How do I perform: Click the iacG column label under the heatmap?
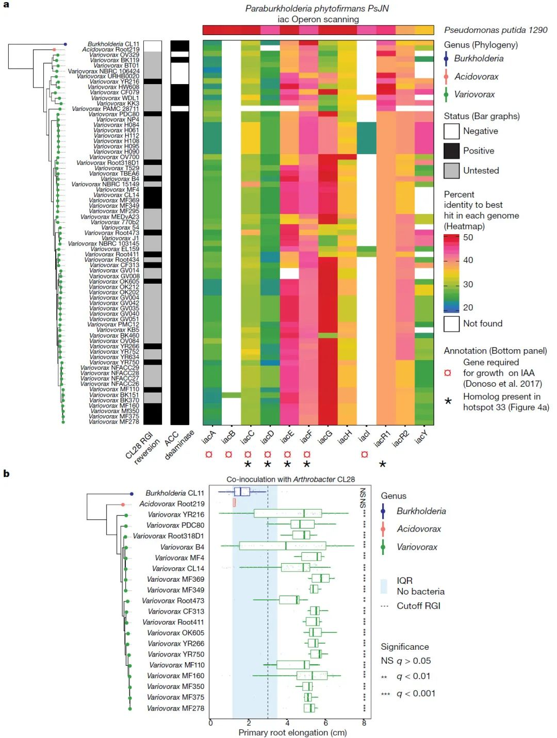325,437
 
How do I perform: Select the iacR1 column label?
382,438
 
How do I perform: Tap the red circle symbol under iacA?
209,454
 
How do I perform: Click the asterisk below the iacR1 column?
383,465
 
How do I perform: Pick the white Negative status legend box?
451,131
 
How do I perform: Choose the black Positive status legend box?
451,151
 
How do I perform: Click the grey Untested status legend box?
451,170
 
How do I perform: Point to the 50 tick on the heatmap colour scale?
468,238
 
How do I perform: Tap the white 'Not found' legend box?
451,323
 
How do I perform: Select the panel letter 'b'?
6,473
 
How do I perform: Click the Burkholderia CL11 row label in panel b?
174,493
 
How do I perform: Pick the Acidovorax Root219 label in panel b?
172,504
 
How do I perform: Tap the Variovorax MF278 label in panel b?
175,708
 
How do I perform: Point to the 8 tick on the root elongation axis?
364,723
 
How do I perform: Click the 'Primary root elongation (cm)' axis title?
292,732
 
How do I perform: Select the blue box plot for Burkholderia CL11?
241,492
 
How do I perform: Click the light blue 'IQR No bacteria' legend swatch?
384,586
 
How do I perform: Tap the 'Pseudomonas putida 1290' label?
496,30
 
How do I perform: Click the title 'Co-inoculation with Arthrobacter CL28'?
290,479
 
